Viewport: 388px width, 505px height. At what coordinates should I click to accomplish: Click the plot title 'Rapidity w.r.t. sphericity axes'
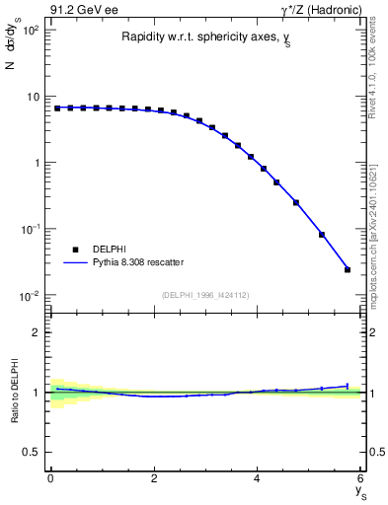pyautogui.click(x=206, y=37)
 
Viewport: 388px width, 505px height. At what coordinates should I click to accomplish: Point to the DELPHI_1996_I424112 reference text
pyautogui.click(x=206, y=294)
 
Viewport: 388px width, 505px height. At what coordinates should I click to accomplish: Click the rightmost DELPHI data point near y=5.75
pyautogui.click(x=348, y=269)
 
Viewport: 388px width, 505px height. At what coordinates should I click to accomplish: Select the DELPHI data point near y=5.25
pyautogui.click(x=322, y=235)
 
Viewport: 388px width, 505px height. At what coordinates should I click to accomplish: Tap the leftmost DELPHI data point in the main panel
pyautogui.click(x=57, y=108)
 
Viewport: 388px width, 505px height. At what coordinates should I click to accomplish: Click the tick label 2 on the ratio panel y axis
pyautogui.click(x=36, y=332)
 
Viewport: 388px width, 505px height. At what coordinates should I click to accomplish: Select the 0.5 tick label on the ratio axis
pyautogui.click(x=32, y=453)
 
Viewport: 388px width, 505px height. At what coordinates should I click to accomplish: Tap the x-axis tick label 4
pyautogui.click(x=258, y=478)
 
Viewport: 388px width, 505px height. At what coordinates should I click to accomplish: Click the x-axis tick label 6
pyautogui.click(x=361, y=478)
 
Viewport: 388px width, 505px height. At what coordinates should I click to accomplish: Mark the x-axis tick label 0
pyautogui.click(x=50, y=478)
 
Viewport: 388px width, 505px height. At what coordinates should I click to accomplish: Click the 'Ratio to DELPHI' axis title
pyautogui.click(x=15, y=393)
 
